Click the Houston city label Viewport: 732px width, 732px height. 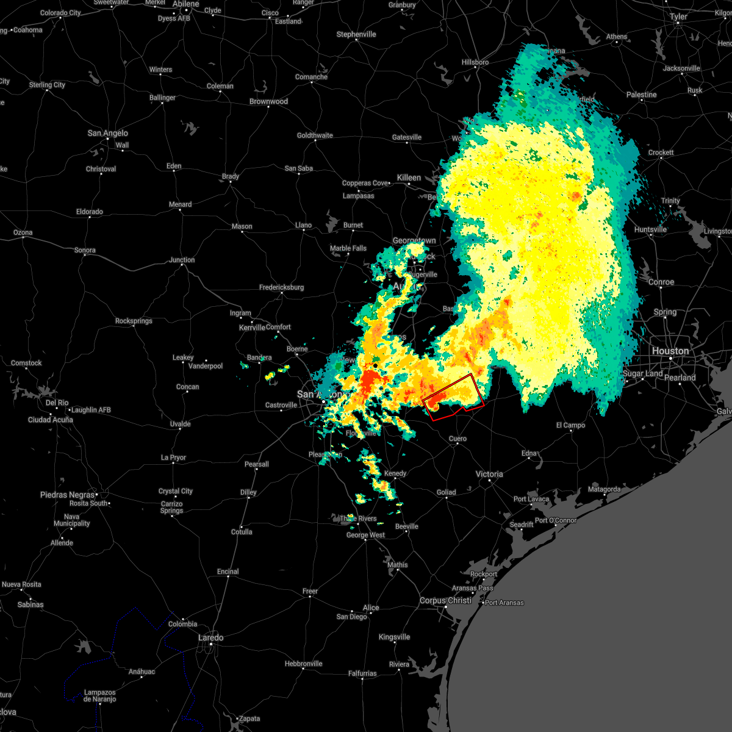670,351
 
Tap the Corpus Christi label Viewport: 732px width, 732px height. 445,600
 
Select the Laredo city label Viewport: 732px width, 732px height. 210,637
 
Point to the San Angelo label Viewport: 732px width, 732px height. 108,133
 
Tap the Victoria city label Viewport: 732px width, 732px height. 489,474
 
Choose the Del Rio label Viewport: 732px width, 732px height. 57,403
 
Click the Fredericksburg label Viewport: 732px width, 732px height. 281,287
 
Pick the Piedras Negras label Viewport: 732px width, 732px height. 68,495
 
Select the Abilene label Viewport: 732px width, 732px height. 186,4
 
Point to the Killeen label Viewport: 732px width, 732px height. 409,178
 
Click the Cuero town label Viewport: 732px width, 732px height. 457,439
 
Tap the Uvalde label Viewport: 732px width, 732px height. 180,424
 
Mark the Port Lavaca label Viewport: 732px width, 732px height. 531,499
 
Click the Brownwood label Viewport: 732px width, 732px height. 268,101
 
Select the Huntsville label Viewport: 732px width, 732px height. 650,229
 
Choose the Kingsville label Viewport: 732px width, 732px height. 394,637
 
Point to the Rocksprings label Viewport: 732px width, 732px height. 134,321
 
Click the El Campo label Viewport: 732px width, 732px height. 570,425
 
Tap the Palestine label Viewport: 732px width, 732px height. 641,95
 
